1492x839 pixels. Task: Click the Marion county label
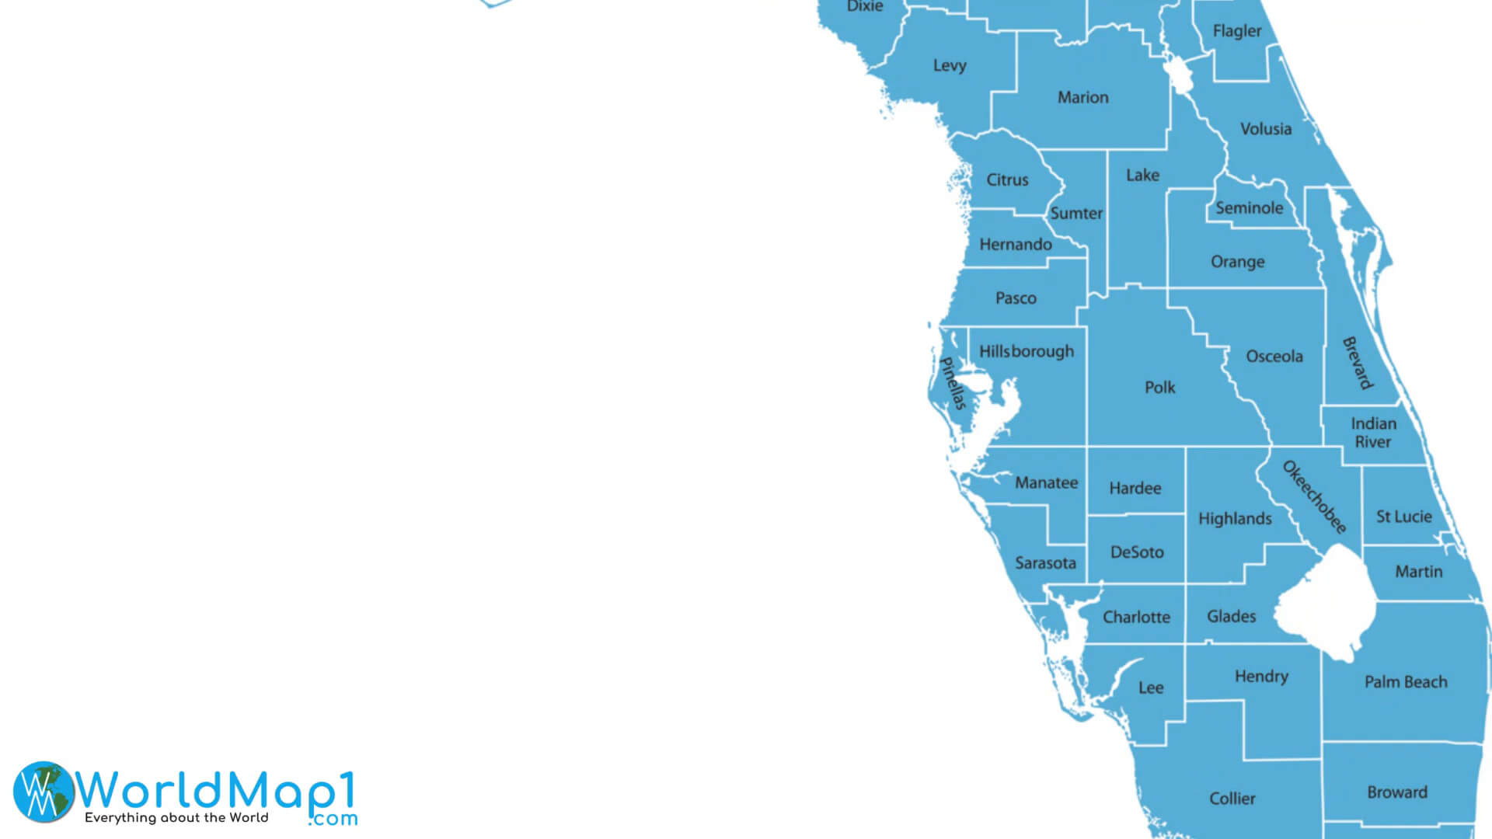[x=1082, y=98]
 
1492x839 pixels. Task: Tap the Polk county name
[x=1159, y=388]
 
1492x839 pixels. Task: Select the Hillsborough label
[x=1026, y=352]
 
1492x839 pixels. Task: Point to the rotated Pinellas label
[x=953, y=383]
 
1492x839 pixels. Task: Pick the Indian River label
[x=1373, y=433]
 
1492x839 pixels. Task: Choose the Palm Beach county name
[x=1406, y=682]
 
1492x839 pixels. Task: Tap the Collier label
[x=1232, y=799]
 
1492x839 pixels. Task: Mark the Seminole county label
[x=1249, y=208]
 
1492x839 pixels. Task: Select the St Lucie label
[x=1403, y=517]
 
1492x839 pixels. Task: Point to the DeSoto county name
[x=1137, y=552]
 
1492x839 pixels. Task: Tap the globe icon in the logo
[x=44, y=792]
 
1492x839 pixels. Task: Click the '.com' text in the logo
[x=333, y=819]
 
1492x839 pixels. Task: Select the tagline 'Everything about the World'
[x=176, y=818]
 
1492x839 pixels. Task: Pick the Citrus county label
[x=1007, y=180]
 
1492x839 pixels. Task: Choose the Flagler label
[x=1237, y=31]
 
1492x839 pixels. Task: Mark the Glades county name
[x=1231, y=617]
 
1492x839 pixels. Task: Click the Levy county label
[x=950, y=66]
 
